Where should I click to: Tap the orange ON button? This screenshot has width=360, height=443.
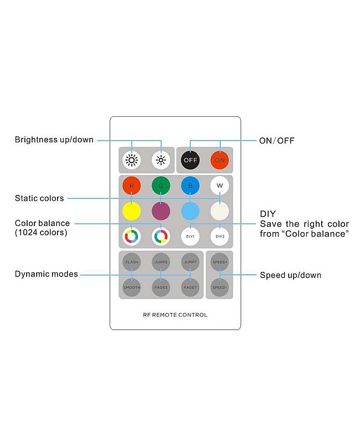pos(219,160)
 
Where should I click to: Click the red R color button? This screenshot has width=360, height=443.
pos(131,186)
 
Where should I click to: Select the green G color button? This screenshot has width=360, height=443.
pos(161,186)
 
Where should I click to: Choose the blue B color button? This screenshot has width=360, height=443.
pos(190,186)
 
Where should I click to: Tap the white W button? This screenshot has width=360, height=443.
pos(219,186)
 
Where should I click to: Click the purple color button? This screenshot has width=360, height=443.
pos(161,211)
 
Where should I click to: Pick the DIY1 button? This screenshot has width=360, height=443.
pos(190,236)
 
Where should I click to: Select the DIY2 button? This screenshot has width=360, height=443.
pos(219,236)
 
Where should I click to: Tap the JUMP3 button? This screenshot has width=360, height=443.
pos(161,262)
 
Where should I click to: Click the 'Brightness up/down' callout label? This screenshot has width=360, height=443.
pos(54,140)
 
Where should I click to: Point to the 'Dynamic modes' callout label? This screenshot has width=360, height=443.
pos(47,274)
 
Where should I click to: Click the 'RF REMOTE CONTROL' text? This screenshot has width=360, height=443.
pos(175,315)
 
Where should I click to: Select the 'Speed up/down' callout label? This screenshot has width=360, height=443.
pos(290,275)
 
